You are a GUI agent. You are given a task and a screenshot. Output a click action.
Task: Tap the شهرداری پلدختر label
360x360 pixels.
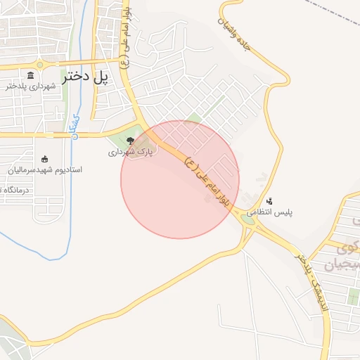(31, 86)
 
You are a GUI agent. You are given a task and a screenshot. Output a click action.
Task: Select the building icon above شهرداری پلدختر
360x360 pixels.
(30, 75)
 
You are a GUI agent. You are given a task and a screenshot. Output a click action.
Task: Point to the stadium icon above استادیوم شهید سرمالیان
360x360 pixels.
(45, 158)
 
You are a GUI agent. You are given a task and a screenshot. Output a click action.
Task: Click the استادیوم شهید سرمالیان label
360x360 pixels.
(45, 169)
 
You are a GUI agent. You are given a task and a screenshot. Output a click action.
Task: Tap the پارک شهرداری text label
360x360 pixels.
(129, 152)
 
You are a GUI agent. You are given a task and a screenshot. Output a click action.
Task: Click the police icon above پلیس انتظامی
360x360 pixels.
(270, 201)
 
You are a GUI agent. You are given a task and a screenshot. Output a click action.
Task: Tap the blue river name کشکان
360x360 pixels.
(75, 126)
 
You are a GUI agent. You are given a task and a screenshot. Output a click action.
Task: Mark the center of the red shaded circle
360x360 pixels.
(180, 179)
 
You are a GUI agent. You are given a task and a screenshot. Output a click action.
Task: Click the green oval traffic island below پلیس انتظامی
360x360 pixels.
(248, 219)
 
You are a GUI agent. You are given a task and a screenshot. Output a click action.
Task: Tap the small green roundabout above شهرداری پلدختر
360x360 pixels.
(40, 65)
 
